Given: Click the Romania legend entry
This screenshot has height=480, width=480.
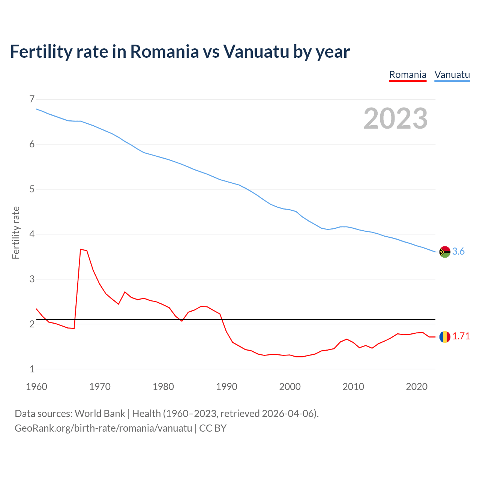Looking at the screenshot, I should point(408,75).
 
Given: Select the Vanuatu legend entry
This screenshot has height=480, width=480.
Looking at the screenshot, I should point(452,75).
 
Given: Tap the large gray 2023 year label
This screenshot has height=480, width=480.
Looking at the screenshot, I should point(396,118).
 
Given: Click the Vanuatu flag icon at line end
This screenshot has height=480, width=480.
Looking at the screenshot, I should point(445,252).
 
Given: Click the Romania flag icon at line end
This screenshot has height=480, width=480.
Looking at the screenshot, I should point(445,337).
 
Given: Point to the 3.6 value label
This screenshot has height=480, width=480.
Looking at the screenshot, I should point(458,252).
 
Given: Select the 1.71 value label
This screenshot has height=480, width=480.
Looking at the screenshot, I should point(461,336).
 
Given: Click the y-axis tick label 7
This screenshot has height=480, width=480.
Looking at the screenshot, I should point(32,99).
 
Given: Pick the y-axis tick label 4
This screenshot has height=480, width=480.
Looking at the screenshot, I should point(32,234).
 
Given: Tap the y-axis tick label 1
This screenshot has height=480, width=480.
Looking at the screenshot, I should point(32,369).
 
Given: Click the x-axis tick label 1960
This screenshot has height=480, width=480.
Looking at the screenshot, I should point(36,387).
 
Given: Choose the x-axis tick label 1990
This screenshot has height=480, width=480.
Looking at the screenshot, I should point(226,387).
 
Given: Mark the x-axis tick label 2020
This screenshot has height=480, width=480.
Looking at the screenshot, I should point(417,387).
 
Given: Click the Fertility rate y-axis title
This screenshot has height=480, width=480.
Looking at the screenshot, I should point(16,232).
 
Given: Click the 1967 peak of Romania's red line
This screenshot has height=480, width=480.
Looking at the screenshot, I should point(81,249).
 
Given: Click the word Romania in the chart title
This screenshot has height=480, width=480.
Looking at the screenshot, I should point(164,51).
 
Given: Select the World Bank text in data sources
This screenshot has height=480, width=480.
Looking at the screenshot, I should point(100,414).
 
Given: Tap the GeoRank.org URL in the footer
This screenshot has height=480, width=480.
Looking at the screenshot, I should point(103,428).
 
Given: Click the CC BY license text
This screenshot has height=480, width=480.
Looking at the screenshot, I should point(213,428).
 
